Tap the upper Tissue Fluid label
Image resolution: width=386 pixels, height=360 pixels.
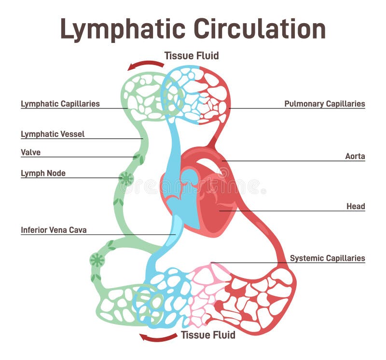tap(191, 55)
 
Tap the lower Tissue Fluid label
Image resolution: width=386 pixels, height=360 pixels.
tap(208, 334)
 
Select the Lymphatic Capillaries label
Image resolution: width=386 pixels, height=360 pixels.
tap(60, 104)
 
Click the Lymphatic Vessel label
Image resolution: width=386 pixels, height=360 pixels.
tap(53, 134)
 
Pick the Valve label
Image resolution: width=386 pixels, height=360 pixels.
tap(30, 152)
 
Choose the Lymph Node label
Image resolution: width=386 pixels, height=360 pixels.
tap(43, 173)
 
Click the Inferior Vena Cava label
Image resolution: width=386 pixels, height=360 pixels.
tap(54, 230)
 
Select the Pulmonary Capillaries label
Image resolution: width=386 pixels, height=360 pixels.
tap(324, 104)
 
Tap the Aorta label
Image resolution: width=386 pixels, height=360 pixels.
tap(355, 156)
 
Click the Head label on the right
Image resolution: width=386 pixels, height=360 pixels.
tap(355, 206)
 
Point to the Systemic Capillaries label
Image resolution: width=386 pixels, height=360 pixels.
tap(327, 258)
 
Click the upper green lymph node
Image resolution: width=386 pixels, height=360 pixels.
tap(126, 179)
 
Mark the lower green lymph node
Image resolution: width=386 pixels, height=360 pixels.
tap(97, 260)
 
